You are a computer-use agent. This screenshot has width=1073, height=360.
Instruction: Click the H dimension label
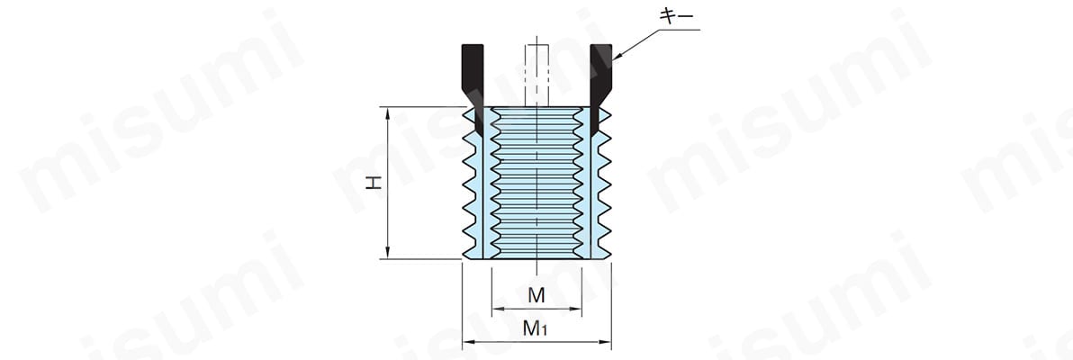coord(373,183)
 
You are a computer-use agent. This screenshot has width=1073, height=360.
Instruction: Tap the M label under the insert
coord(536,296)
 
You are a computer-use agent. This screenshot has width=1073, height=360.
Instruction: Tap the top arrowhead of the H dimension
coord(388,112)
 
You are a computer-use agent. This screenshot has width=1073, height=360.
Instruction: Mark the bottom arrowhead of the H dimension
coord(388,254)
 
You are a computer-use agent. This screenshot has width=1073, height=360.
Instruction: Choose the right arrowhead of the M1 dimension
coord(606,341)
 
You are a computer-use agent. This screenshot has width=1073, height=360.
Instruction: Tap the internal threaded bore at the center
coord(536,183)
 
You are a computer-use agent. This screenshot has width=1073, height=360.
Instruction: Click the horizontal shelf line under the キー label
coord(679,30)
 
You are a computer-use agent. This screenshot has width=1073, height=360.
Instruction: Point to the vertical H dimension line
coord(388,183)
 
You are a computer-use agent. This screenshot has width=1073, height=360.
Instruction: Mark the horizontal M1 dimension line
coord(536,341)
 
